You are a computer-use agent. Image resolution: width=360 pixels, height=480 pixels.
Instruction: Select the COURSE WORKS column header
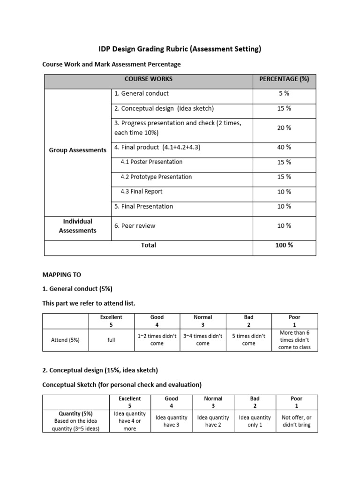click(x=148, y=79)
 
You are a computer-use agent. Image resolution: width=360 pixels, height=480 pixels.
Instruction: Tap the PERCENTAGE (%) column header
click(x=284, y=79)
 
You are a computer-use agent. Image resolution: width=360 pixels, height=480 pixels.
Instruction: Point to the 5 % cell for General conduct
click(x=284, y=93)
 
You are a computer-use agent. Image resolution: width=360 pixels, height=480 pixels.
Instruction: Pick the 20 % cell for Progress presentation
click(x=284, y=127)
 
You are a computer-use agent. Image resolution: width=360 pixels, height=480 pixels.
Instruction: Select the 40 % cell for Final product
click(x=284, y=147)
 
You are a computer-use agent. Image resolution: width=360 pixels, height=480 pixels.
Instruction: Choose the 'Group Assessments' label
click(x=78, y=150)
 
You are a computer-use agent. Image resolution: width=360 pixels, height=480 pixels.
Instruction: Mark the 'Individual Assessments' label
click(x=78, y=226)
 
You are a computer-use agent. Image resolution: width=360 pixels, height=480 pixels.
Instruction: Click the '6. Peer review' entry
click(x=135, y=225)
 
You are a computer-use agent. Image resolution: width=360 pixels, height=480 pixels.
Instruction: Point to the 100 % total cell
click(x=284, y=245)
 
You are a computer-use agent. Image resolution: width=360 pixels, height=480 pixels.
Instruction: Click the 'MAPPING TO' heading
click(x=61, y=274)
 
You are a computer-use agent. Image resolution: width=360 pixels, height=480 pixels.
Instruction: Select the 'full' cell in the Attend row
click(x=111, y=340)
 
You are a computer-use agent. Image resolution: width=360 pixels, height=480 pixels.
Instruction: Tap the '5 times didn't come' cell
click(x=248, y=340)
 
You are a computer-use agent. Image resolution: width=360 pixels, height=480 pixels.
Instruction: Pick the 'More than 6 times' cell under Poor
click(x=294, y=340)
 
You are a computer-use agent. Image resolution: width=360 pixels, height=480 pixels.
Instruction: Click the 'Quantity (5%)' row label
click(x=75, y=413)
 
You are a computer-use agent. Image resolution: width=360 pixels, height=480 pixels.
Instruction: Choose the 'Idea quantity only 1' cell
click(x=255, y=421)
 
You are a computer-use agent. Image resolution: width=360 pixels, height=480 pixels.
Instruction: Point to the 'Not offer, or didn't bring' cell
click(x=296, y=421)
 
